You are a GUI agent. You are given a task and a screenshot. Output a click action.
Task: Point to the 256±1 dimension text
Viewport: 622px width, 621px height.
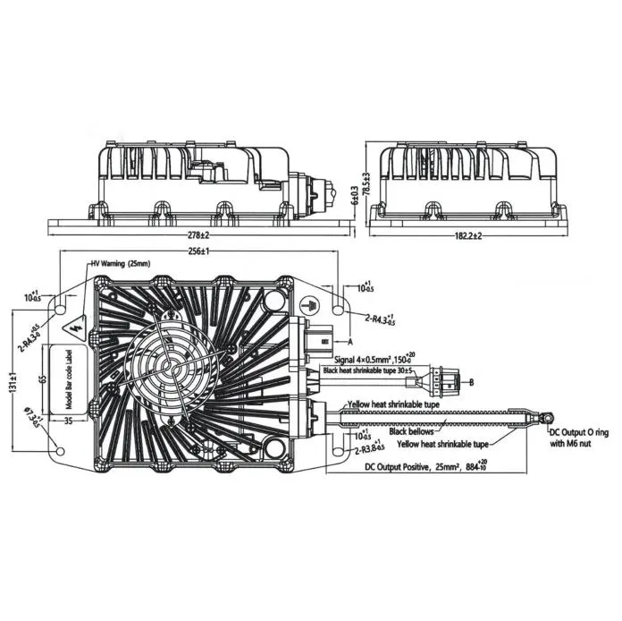[x=198, y=253]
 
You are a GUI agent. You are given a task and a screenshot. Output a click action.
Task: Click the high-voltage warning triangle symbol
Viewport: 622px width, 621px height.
[x=74, y=324]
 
